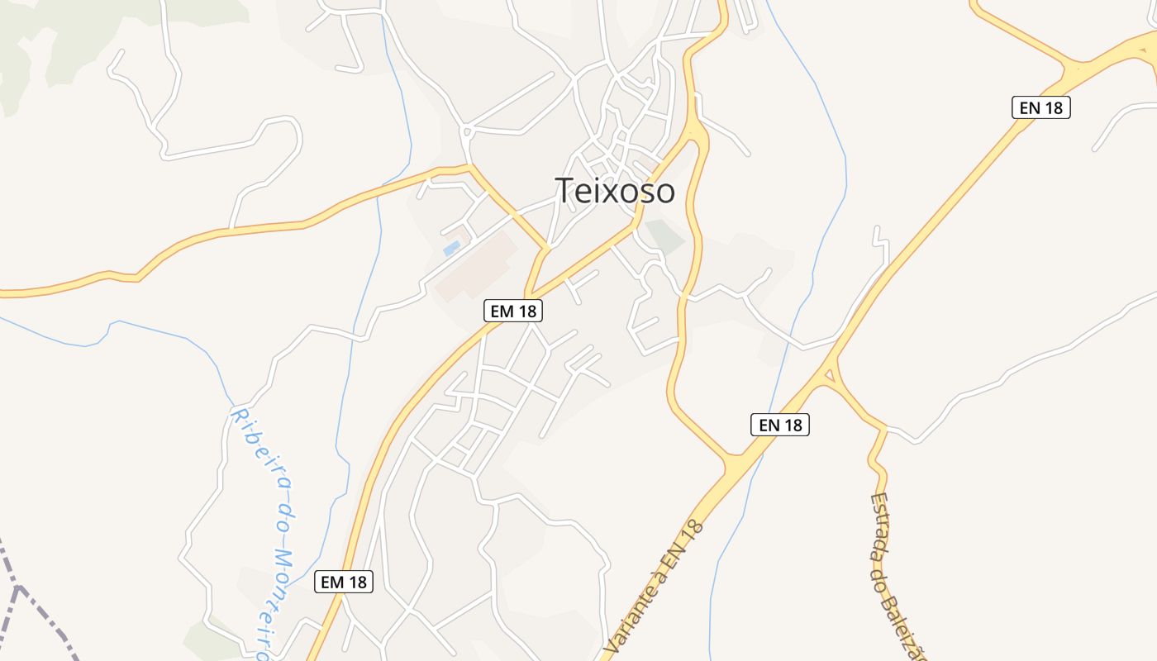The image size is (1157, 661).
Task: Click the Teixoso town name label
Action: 615,191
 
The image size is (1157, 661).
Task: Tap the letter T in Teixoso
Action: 564,191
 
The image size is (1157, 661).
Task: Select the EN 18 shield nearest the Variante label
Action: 779,425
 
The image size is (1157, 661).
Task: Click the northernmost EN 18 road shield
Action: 1040,107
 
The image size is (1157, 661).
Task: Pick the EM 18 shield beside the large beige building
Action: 512,311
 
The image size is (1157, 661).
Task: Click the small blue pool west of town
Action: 451,248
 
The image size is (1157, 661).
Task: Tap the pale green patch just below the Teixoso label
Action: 664,236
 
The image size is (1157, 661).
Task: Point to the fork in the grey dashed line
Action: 18,587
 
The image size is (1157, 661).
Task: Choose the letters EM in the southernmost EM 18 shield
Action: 332,582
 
